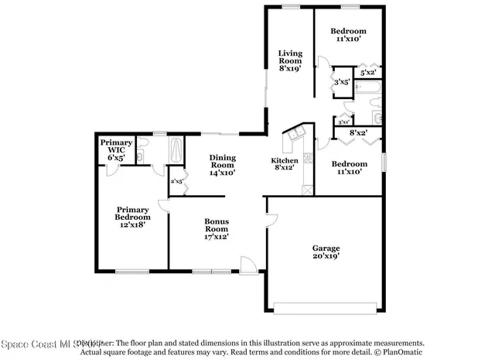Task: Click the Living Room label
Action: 290,60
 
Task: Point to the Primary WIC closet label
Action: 116,149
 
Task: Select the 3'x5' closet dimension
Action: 342,81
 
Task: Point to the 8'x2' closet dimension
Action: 357,133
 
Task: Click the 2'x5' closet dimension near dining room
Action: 176,181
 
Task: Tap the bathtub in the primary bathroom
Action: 177,149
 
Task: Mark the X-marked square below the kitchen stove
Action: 308,189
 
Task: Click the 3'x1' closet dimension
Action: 343,121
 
